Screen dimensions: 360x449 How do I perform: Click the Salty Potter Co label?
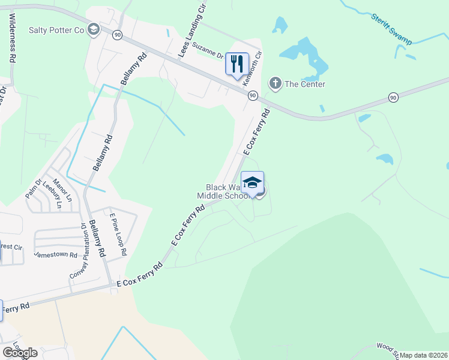pos(57,30)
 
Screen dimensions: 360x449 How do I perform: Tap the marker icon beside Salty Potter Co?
pos(93,29)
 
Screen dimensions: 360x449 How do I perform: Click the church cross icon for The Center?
pos(275,83)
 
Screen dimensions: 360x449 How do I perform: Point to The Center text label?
pos(304,84)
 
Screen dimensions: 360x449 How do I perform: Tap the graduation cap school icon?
pos(252,181)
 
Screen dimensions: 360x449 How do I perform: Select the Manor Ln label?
pos(62,190)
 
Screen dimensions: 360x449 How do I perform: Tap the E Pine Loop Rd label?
pos(118,234)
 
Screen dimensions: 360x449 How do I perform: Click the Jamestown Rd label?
pos(55,254)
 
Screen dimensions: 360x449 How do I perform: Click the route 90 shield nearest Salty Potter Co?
pos(117,35)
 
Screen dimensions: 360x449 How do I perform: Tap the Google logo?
pos(20,353)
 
